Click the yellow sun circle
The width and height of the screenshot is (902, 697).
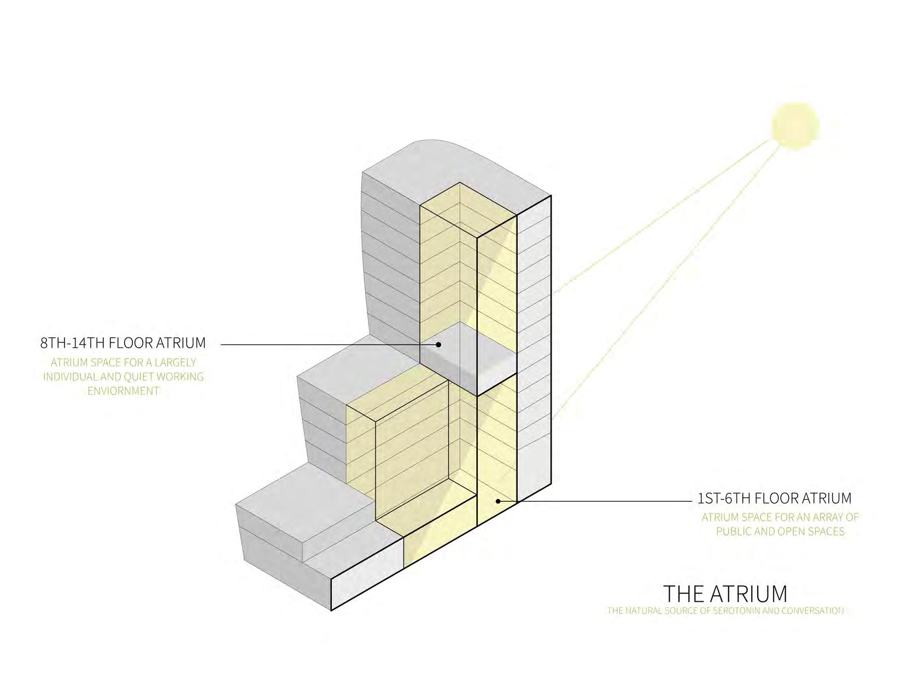(795, 126)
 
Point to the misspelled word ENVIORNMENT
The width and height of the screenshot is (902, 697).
(124, 391)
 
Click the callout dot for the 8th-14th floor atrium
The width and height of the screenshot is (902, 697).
(438, 344)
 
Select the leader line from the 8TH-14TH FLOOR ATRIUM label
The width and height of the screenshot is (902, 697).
(328, 344)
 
